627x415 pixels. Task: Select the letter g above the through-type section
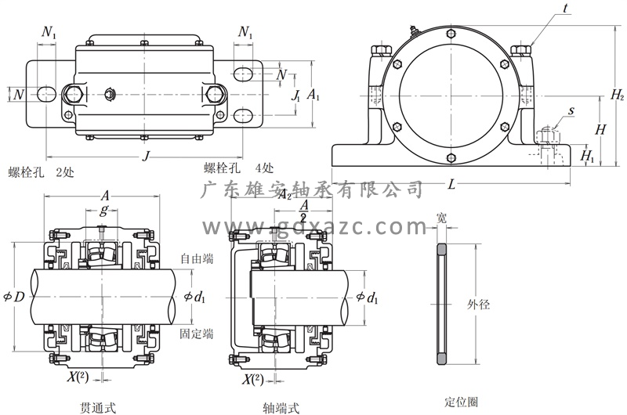tap(103, 211)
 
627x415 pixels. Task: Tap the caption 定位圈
tap(461, 402)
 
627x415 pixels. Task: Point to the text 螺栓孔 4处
tap(238, 168)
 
